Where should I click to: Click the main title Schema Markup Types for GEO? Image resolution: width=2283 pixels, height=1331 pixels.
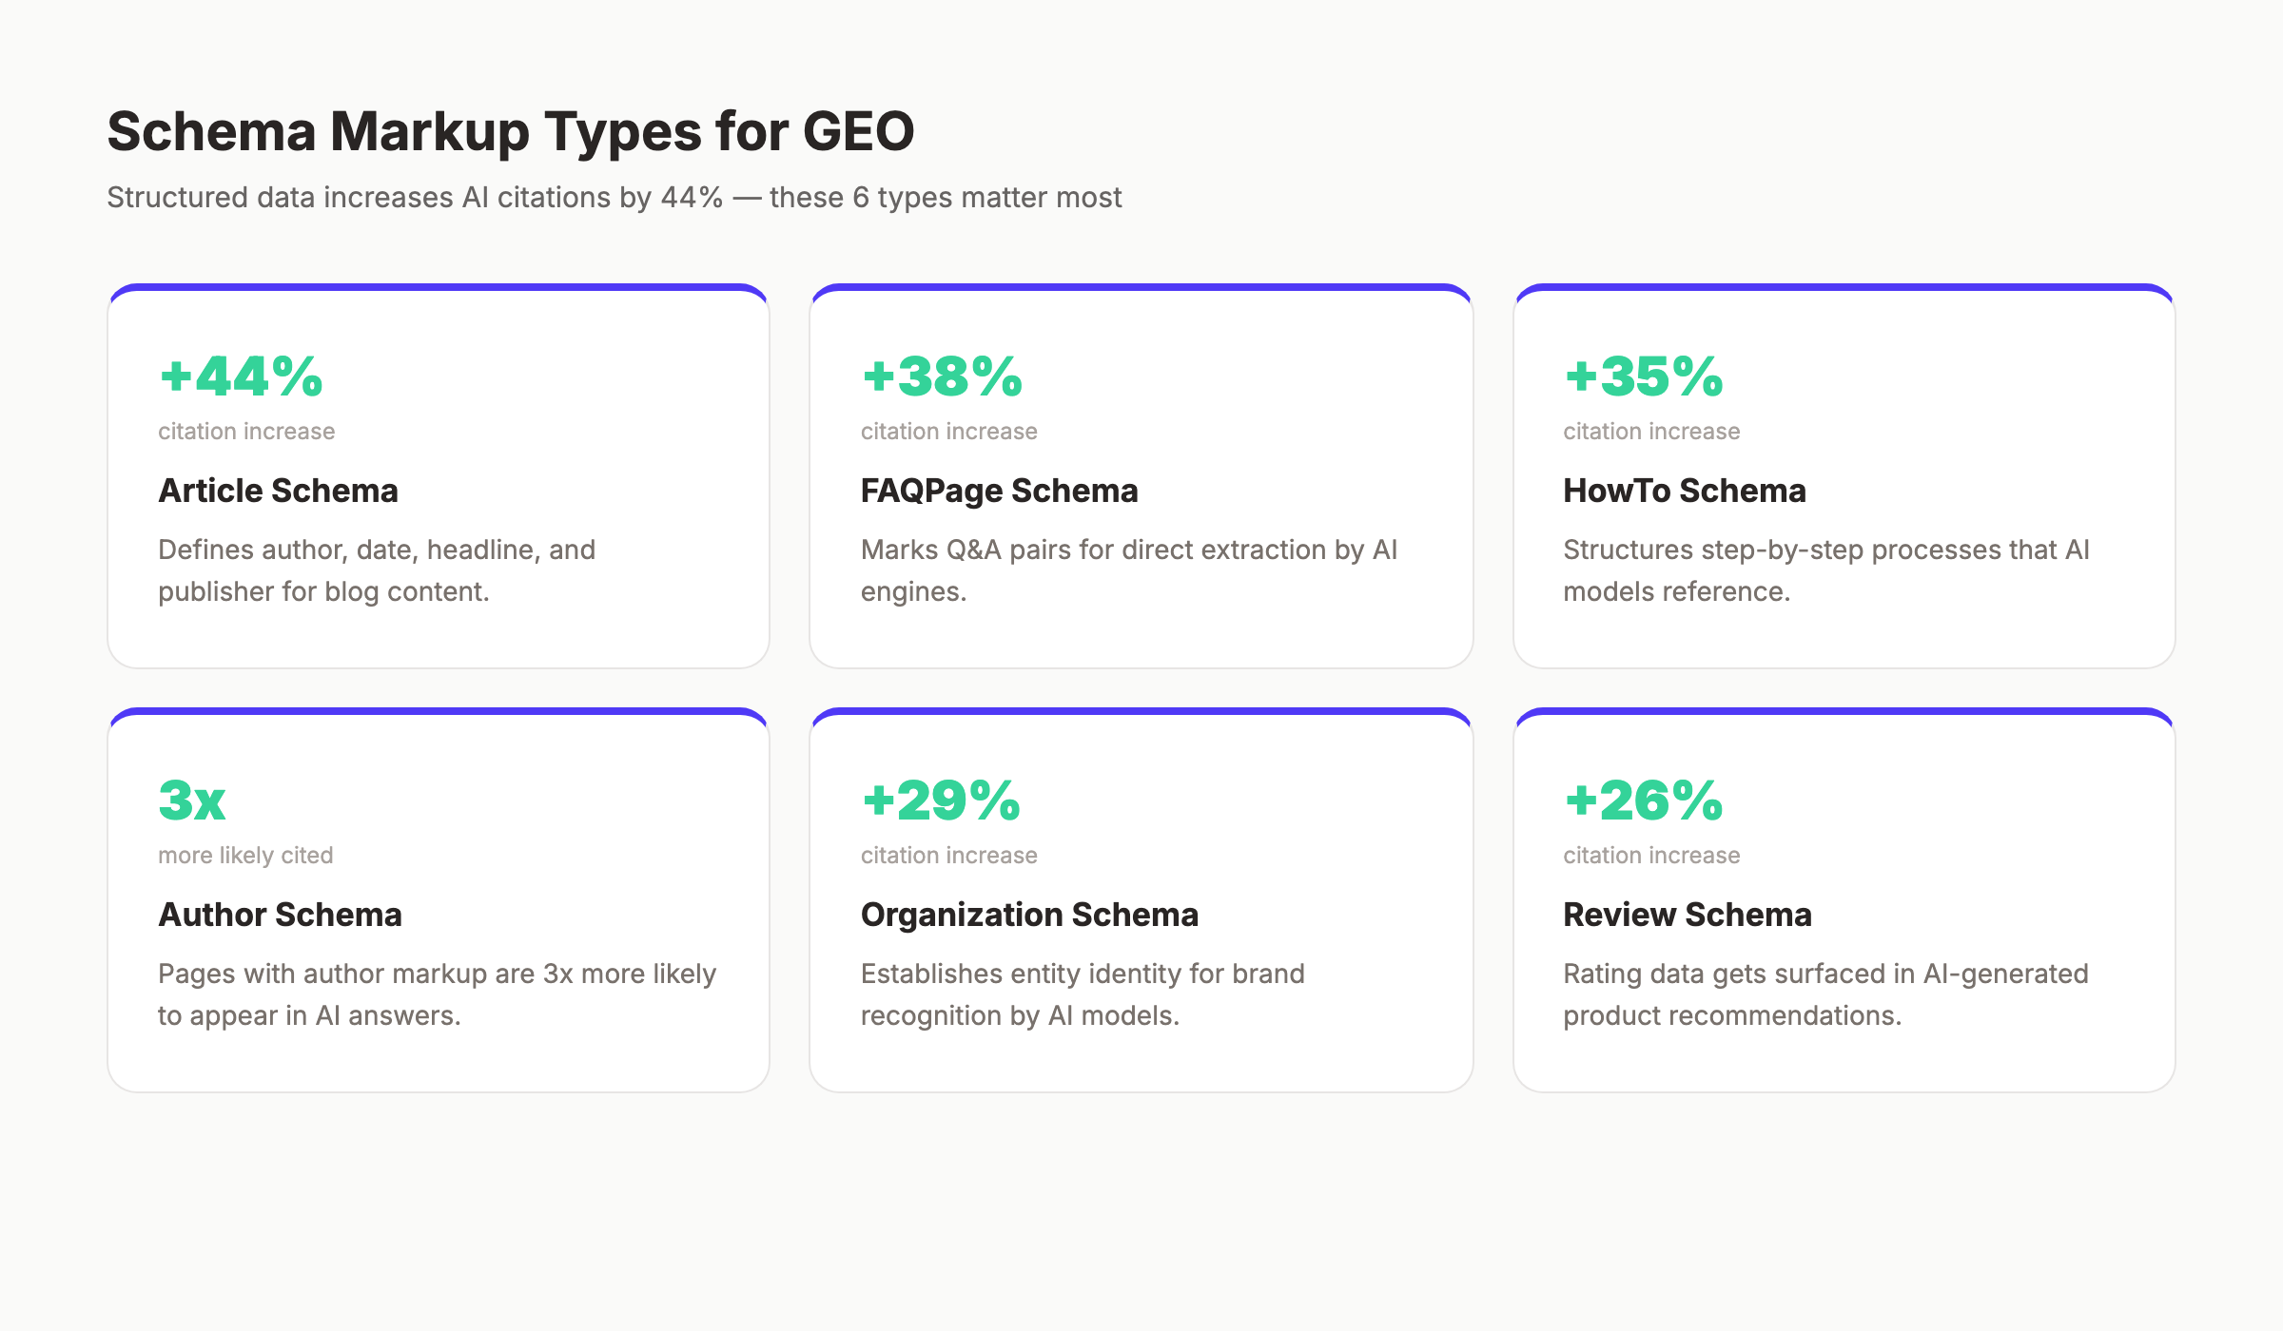tap(510, 131)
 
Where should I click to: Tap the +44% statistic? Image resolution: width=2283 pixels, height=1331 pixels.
tap(242, 376)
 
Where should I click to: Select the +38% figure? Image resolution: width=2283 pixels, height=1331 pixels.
tap(942, 376)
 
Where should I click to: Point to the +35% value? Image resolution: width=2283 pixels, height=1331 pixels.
tap(1644, 376)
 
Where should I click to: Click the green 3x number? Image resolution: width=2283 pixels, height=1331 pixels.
tap(192, 801)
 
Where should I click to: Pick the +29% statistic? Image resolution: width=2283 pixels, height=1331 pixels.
tap(942, 801)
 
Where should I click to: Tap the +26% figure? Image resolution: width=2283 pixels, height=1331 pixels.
tap(1644, 801)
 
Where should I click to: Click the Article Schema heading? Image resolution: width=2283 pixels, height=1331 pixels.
tap(278, 491)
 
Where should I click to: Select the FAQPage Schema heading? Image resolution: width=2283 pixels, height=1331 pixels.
tap(999, 491)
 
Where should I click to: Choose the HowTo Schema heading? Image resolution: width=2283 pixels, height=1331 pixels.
tap(1684, 491)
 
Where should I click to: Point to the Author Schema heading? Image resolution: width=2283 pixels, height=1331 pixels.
tap(280, 915)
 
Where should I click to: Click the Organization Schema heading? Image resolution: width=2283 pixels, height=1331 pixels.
tap(1029, 915)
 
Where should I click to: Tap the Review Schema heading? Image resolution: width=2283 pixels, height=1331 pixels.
tap(1687, 915)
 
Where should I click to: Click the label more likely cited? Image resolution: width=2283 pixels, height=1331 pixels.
tap(245, 856)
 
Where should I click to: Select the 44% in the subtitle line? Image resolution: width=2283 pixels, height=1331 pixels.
tap(692, 198)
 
